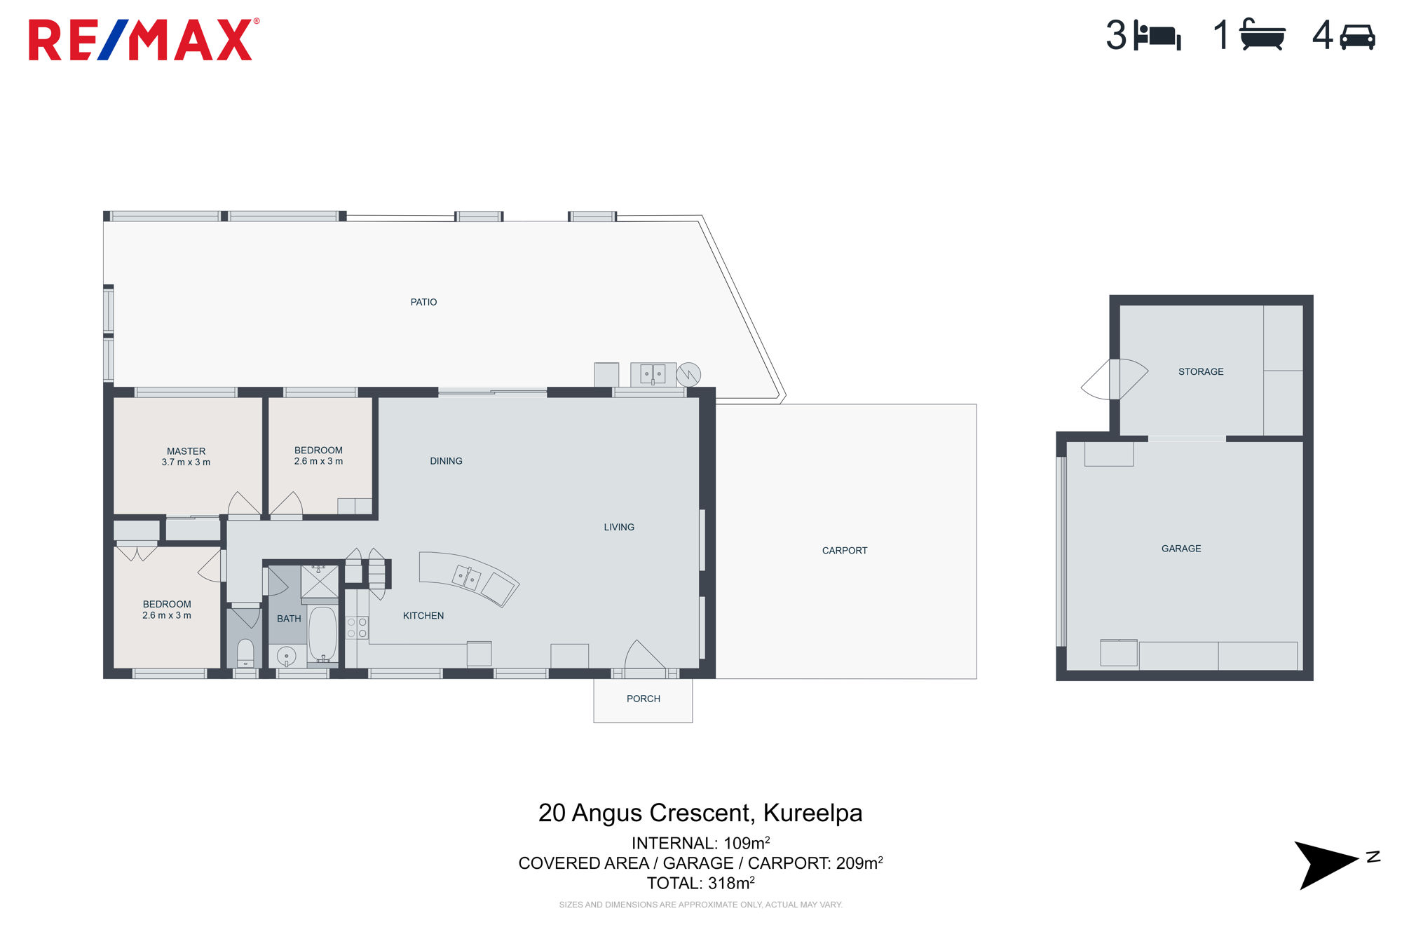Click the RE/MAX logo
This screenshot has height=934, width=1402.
(x=143, y=40)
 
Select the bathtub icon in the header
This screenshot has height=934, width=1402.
(x=1262, y=34)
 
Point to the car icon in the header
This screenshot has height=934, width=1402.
(x=1357, y=37)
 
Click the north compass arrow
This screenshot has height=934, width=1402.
(x=1326, y=864)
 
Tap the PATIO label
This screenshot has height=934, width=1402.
(x=423, y=302)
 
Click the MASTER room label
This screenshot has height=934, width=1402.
(x=186, y=451)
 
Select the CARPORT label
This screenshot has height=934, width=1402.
(x=845, y=551)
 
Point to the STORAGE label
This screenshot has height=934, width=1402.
(x=1201, y=372)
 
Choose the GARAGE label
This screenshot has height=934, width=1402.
(x=1181, y=549)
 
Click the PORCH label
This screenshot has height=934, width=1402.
(x=644, y=699)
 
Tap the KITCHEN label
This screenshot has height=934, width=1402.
(x=423, y=616)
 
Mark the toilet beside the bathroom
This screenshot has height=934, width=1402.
(x=245, y=653)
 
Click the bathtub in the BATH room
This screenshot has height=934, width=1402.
(x=323, y=634)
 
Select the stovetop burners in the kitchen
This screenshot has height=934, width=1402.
(x=357, y=628)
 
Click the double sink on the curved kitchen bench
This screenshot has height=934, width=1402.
(x=466, y=577)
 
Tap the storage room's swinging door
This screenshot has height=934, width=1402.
(x=1115, y=379)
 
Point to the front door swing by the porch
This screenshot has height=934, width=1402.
(x=644, y=655)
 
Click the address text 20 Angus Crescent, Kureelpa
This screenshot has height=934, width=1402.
(x=700, y=813)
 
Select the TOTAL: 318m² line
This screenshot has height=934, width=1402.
(x=700, y=883)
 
